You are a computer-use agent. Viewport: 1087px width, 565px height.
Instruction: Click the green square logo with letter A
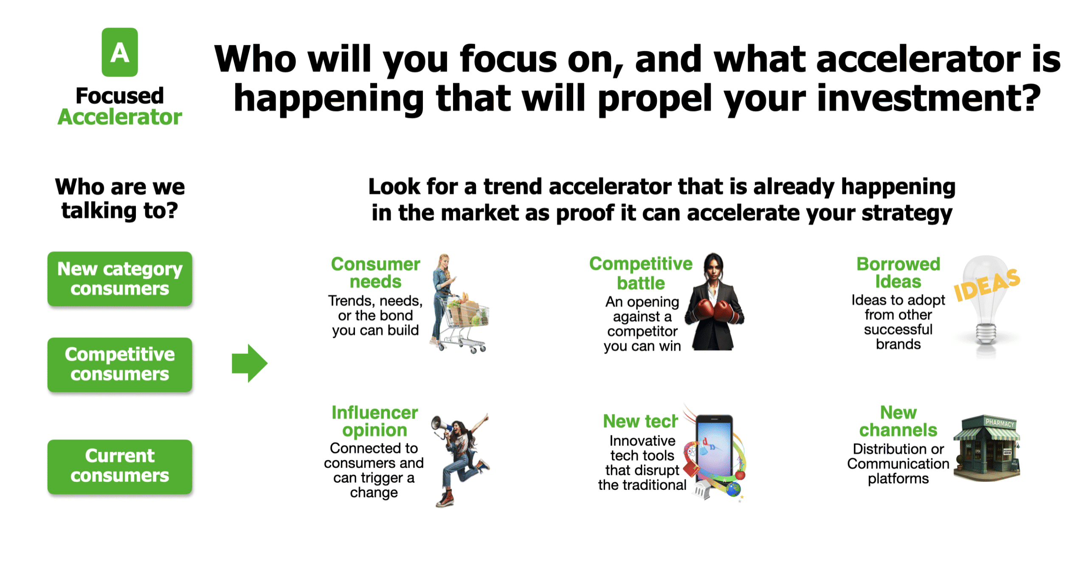click(119, 52)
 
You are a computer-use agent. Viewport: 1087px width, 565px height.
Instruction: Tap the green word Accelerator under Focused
click(119, 117)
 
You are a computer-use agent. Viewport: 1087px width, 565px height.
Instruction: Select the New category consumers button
click(119, 278)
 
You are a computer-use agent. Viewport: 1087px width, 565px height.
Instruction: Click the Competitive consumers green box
click(119, 364)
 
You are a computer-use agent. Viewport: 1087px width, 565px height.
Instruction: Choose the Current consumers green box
click(119, 466)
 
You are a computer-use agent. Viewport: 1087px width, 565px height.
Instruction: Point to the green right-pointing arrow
click(249, 363)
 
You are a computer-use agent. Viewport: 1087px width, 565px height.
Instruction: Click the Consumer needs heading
click(375, 272)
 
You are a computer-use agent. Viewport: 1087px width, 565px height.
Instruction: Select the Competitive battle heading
click(640, 273)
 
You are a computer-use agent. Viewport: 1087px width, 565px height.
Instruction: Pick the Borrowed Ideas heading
click(898, 272)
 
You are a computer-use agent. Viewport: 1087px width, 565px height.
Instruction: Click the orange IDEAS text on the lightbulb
click(986, 285)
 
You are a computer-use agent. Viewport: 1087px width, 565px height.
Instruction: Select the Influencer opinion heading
click(375, 421)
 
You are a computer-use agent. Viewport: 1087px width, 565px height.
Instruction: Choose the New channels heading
click(898, 421)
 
